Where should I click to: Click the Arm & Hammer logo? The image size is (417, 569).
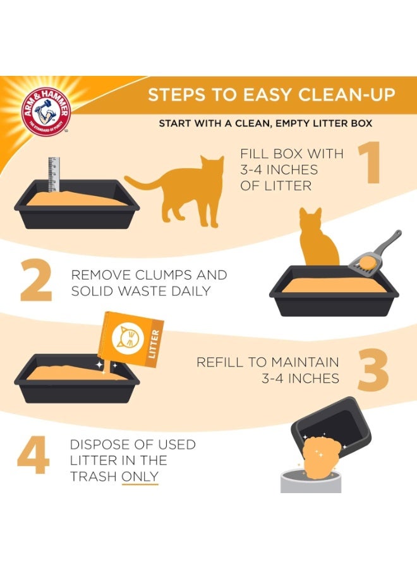(45, 112)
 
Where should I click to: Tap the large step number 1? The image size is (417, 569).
(370, 162)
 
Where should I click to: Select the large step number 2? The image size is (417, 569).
(35, 280)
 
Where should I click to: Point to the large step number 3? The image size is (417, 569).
(373, 370)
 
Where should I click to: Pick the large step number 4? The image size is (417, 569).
(33, 455)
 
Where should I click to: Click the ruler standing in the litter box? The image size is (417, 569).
(54, 174)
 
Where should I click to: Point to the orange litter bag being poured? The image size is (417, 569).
(131, 339)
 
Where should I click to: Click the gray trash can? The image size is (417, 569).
(311, 480)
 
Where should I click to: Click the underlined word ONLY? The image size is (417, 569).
(140, 477)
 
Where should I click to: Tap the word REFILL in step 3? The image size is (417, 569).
(221, 362)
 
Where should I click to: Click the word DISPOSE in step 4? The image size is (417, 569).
(99, 444)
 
